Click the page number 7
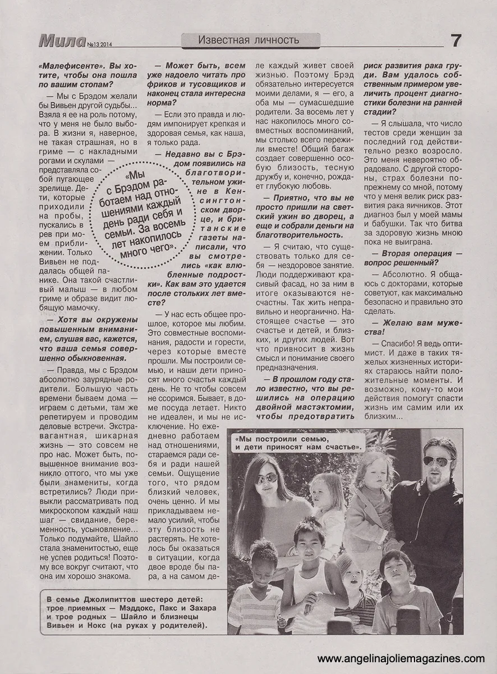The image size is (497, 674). click(x=455, y=40)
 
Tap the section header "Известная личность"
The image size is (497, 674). click(x=250, y=39)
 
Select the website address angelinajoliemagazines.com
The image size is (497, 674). click(x=401, y=658)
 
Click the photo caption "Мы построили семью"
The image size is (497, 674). click(x=299, y=441)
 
